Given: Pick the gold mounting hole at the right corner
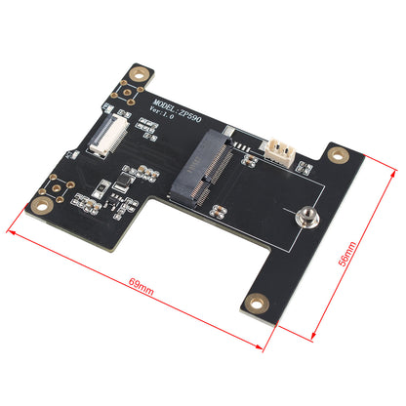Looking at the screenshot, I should pyautogui.click(x=339, y=155).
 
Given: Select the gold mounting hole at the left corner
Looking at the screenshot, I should pyautogui.click(x=43, y=206).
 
